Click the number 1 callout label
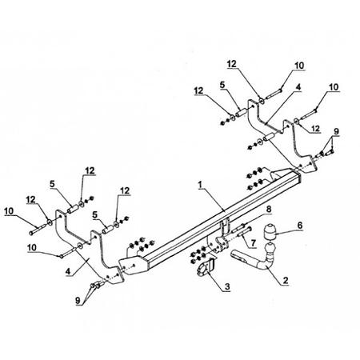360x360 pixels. [201, 185]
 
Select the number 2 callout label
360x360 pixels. [286, 280]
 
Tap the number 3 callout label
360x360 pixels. [227, 286]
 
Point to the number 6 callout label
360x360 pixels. [300, 226]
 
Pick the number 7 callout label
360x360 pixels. [253, 242]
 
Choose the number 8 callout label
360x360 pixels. [269, 209]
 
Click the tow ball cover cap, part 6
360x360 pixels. [270, 232]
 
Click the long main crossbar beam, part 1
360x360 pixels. [222, 218]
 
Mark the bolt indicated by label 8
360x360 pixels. [238, 228]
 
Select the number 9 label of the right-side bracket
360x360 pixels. [336, 131]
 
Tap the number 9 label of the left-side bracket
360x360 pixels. [78, 301]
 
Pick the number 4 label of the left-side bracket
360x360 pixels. [68, 271]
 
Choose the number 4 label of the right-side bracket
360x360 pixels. [298, 87]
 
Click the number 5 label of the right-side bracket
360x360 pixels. [222, 85]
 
